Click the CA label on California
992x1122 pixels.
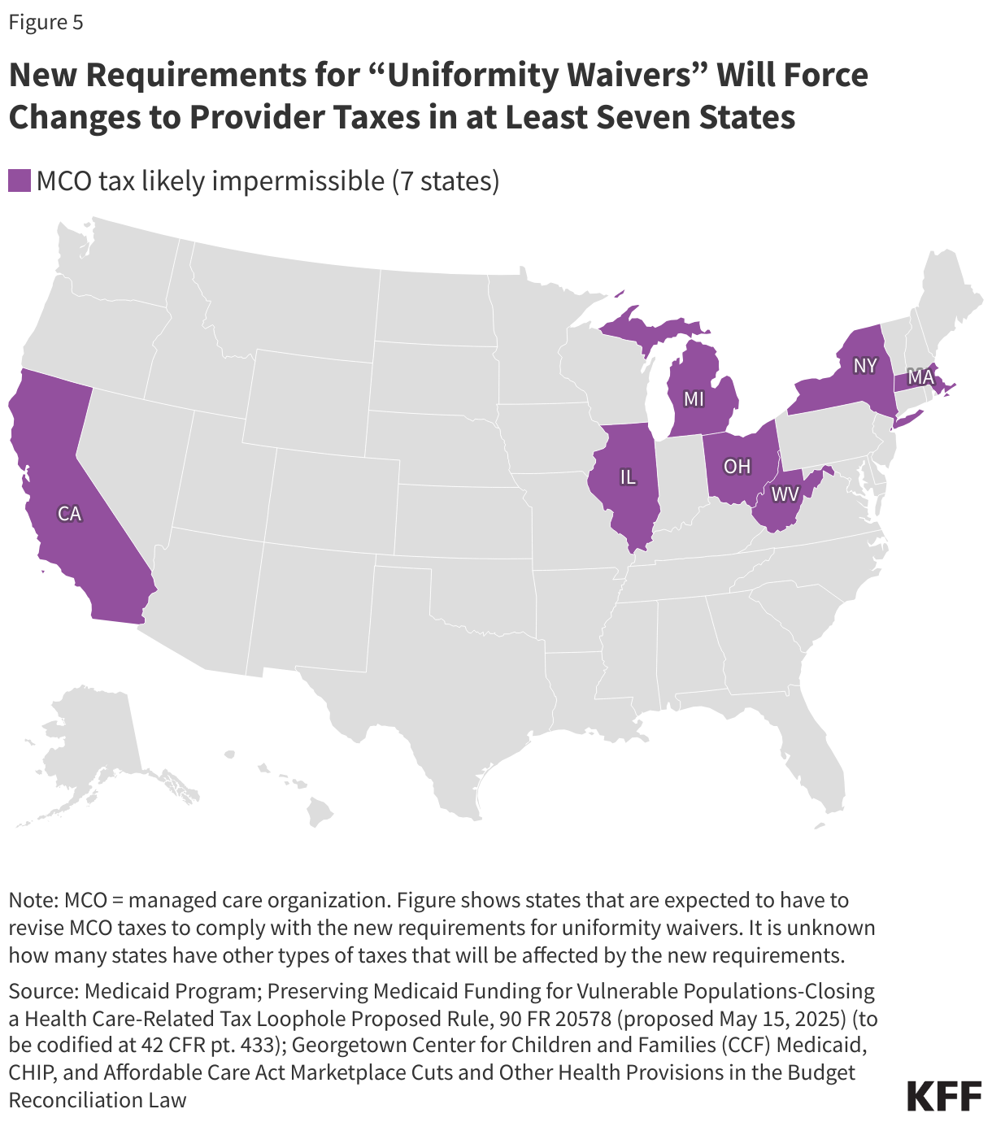[x=70, y=514]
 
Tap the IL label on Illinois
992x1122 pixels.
[x=628, y=477]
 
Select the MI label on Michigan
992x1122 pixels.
[x=694, y=399]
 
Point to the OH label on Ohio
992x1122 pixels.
[x=737, y=467]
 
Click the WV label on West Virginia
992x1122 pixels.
[x=785, y=494]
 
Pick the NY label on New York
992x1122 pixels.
[x=864, y=366]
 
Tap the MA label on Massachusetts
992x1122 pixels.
[x=920, y=377]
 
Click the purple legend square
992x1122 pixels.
[x=19, y=180]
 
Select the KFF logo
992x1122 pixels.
[x=943, y=1095]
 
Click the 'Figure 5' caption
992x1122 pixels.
[x=46, y=22]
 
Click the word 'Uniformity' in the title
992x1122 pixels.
[x=472, y=75]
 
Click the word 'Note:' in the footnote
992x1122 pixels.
[x=33, y=900]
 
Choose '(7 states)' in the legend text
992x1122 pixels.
[x=445, y=180]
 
